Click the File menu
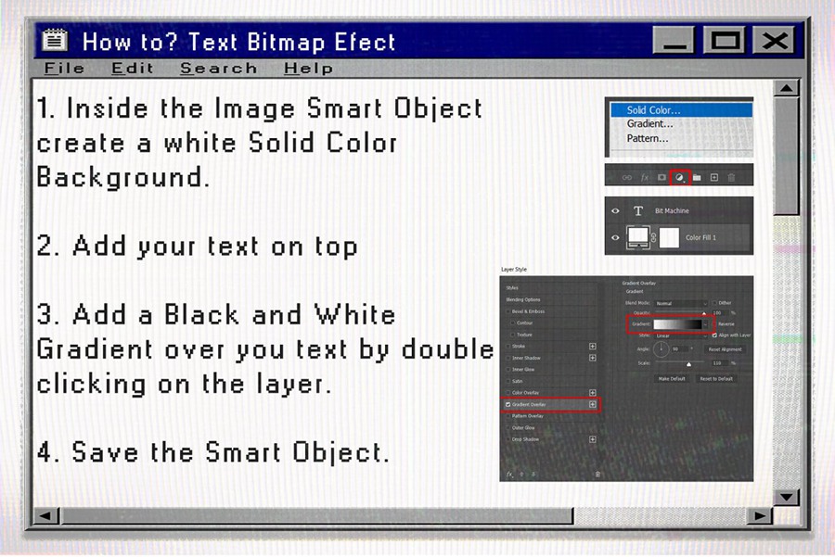pyautogui.click(x=64, y=69)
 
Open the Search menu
pyautogui.click(x=218, y=69)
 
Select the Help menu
pyautogui.click(x=308, y=69)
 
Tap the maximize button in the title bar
pyautogui.click(x=726, y=40)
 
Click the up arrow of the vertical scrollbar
pyautogui.click(x=786, y=89)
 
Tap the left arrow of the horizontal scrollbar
pyautogui.click(x=45, y=515)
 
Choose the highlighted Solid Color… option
pyautogui.click(x=653, y=110)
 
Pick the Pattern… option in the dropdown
pyautogui.click(x=648, y=138)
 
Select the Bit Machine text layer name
pyautogui.click(x=672, y=211)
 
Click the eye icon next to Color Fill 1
pyautogui.click(x=615, y=237)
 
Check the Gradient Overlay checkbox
pyautogui.click(x=507, y=405)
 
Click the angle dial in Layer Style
pyautogui.click(x=661, y=349)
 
